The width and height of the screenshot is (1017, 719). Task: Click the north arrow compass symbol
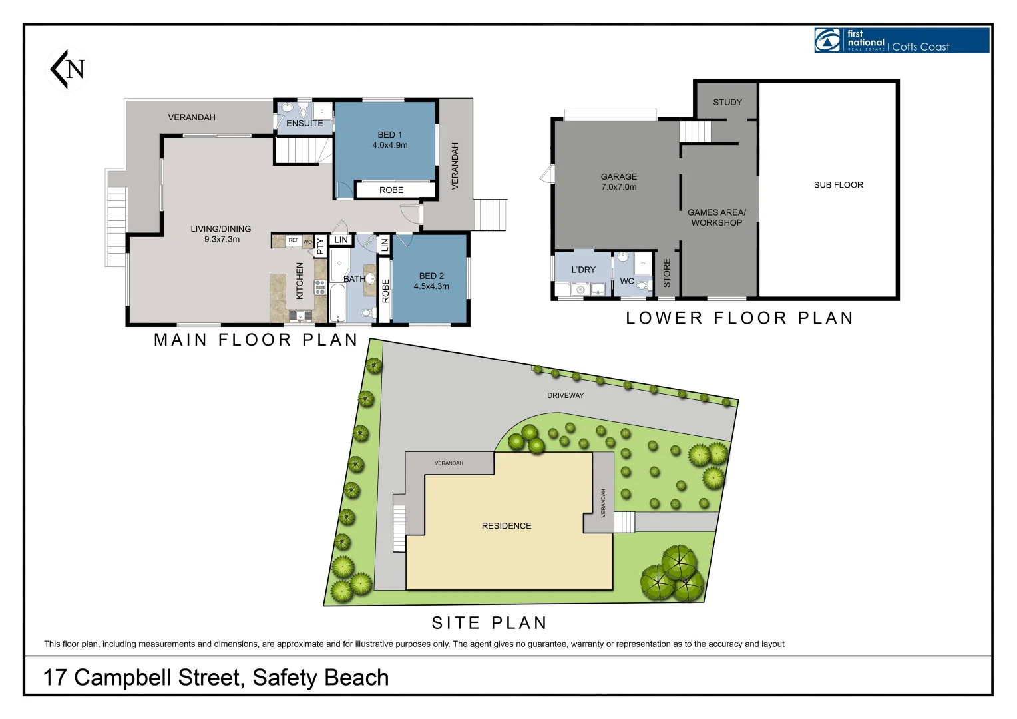pos(69,69)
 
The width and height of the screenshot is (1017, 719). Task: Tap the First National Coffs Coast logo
pos(901,41)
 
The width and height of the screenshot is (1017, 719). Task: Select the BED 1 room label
pos(390,135)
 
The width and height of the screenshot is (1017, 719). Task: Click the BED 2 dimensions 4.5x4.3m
pos(431,286)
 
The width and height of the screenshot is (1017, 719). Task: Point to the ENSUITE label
pos(305,124)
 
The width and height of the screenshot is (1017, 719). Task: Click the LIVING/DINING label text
pos(221,229)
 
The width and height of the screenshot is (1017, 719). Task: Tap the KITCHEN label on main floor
pos(300,280)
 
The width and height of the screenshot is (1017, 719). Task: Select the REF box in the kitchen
pos(294,240)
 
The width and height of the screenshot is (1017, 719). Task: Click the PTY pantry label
pos(320,247)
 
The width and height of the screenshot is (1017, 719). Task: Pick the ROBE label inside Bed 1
pos(391,190)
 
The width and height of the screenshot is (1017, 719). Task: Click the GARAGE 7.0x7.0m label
pos(619,182)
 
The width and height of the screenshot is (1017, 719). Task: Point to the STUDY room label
pos(727,103)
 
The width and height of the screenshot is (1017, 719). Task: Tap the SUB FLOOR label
pos(838,185)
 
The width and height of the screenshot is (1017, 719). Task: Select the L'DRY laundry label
pos(584,270)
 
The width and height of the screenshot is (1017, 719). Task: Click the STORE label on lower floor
pos(667,273)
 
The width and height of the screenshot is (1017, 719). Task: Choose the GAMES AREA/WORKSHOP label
pos(717,218)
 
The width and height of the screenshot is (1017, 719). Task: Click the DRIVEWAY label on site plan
pos(566,395)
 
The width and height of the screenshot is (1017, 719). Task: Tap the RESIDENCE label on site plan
pos(507,526)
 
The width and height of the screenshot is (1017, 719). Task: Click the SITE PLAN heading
pos(489,623)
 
